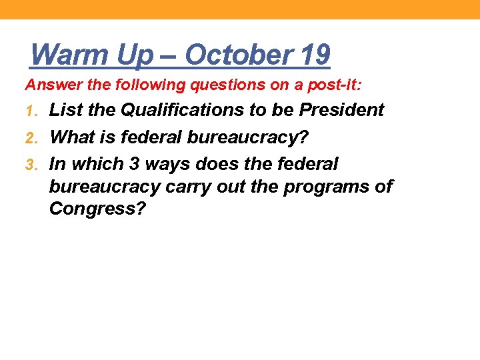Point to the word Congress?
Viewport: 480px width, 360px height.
97,210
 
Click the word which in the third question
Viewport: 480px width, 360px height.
93,163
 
